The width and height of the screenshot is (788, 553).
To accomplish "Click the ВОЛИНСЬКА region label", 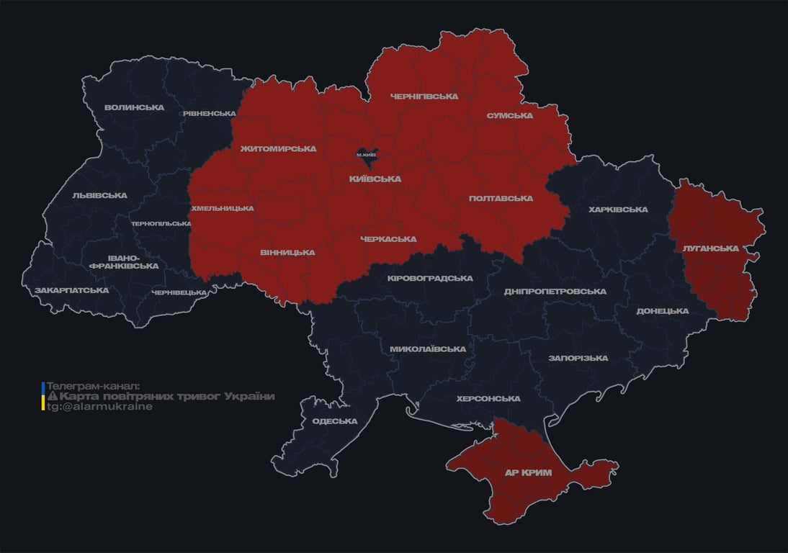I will (134, 107).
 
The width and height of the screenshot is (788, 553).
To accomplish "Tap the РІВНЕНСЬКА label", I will (209, 114).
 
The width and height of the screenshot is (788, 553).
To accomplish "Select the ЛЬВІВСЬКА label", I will (99, 195).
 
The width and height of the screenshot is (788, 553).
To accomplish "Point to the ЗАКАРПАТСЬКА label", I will (71, 290).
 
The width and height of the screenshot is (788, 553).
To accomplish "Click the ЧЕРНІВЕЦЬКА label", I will (179, 292).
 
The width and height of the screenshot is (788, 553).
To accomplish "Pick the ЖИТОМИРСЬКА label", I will (278, 149).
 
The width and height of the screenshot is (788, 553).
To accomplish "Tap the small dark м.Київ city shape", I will (367, 154).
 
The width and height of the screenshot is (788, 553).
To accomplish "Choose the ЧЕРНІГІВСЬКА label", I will (424, 96).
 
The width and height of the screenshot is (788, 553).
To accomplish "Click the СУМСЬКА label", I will (509, 115).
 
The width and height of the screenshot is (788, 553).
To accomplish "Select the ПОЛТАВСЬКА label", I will (501, 198).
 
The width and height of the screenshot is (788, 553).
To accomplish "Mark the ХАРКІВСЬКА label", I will (618, 210).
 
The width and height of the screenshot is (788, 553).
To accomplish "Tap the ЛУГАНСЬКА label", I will (710, 248).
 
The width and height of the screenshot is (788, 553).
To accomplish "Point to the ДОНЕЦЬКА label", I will (662, 311).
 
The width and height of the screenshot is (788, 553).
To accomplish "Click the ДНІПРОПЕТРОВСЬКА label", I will (555, 292).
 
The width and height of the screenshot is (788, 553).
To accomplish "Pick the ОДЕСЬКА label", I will (334, 421).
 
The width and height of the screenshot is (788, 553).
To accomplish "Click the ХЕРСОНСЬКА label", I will (488, 398).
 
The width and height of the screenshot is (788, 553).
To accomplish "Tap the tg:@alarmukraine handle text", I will (99, 406).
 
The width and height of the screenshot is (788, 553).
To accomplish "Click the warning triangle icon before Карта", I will (52, 397).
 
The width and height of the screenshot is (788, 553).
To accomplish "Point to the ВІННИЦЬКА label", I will (287, 253).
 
